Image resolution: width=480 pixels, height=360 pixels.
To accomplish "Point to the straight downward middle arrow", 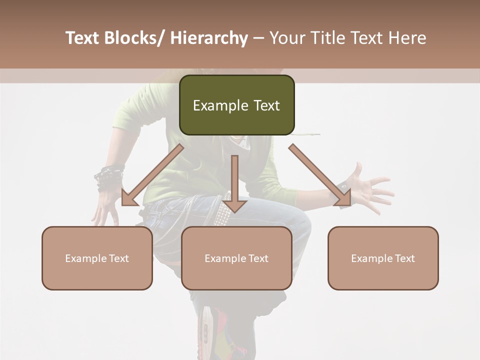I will pos(234,182).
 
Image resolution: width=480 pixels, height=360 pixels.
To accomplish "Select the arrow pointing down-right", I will pos(320,176).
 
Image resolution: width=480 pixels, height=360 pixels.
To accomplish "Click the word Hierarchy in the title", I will pos(209,38).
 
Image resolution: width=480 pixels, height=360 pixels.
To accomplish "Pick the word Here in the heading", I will pos(407,38).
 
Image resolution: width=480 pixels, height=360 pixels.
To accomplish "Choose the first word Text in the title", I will pos(83,38).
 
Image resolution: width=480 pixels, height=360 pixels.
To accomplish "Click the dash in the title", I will pos(259,38).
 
